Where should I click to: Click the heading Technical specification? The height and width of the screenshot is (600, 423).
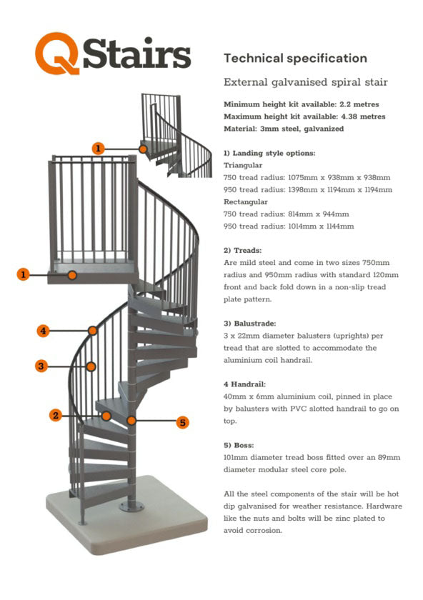pyautogui.click(x=295, y=59)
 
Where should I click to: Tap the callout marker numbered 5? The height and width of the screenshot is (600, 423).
pyautogui.click(x=183, y=422)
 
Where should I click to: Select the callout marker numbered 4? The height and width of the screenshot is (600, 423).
pyautogui.click(x=44, y=331)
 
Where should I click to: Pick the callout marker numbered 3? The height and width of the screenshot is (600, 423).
pyautogui.click(x=41, y=366)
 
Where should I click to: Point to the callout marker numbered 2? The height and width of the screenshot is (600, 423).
pyautogui.click(x=55, y=415)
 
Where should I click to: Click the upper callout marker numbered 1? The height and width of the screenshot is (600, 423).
pyautogui.click(x=99, y=149)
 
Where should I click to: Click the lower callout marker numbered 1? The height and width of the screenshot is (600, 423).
pyautogui.click(x=24, y=274)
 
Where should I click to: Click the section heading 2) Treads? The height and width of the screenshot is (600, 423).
pyautogui.click(x=243, y=251)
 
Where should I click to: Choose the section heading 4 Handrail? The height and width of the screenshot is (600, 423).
pyautogui.click(x=247, y=384)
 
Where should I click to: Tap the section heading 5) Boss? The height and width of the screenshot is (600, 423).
pyautogui.click(x=239, y=444)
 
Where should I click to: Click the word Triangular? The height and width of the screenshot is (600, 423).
pyautogui.click(x=244, y=165)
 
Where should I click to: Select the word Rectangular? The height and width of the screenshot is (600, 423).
pyautogui.click(x=247, y=201)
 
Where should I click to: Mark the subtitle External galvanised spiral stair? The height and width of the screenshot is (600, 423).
pyautogui.click(x=306, y=83)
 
